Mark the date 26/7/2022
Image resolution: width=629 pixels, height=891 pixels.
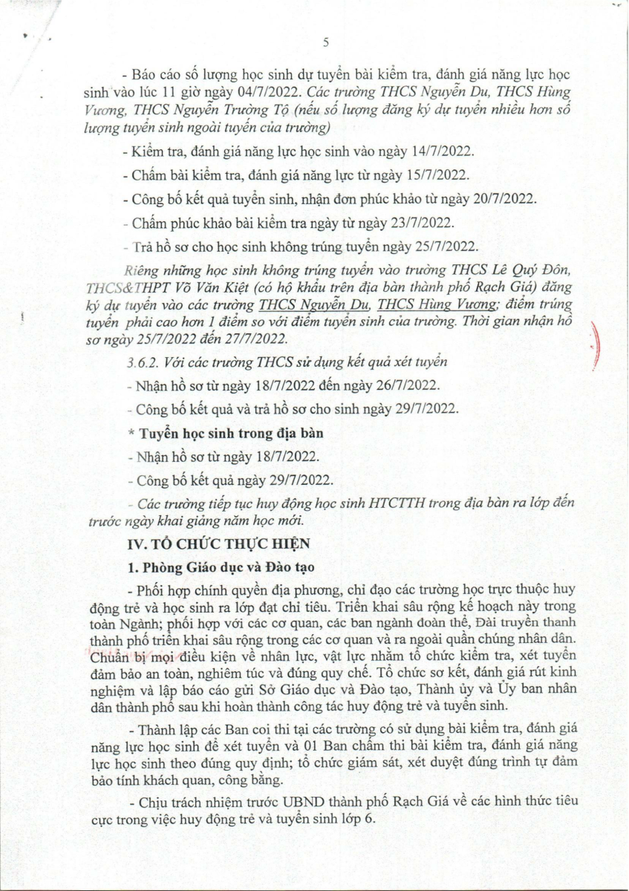405,386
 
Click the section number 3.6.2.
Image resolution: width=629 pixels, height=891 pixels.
144,362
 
